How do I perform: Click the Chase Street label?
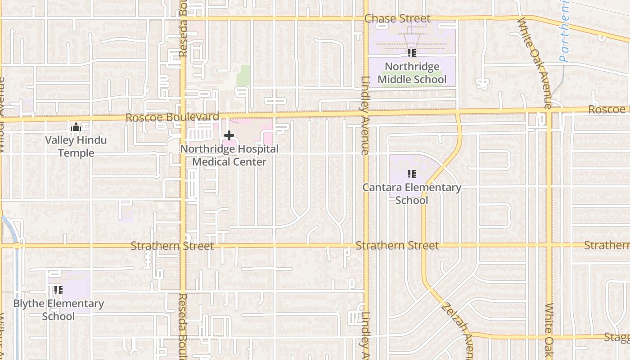[x=397, y=18]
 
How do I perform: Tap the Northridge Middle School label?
[x=412, y=73]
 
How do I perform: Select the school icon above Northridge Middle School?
[x=411, y=53]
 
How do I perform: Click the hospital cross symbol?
[x=229, y=135]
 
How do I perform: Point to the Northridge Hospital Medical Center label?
[x=229, y=155]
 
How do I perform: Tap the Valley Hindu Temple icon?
[x=76, y=127]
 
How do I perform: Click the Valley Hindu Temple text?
[x=76, y=147]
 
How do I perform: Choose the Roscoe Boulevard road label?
[x=172, y=117]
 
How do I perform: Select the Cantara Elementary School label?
[x=412, y=194]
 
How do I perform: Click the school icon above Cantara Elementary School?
[x=411, y=174]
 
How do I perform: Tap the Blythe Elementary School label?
[x=58, y=310]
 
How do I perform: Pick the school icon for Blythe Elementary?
[x=58, y=290]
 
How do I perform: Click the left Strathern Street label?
[x=172, y=246]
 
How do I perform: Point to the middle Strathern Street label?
[x=397, y=246]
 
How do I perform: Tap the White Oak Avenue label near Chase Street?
[x=534, y=63]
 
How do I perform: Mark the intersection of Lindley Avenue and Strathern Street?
[x=366, y=246]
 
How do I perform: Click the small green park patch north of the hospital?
[x=243, y=75]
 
